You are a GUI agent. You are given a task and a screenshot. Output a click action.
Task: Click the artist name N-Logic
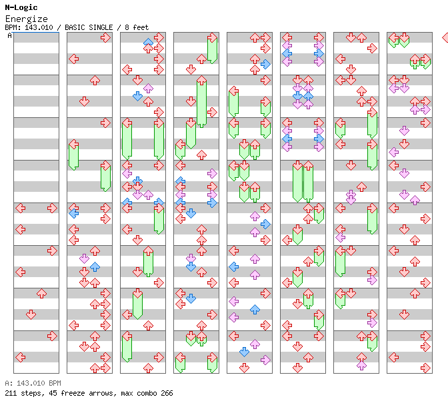click(x=21, y=7)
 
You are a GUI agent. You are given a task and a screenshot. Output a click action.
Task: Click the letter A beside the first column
click(x=9, y=35)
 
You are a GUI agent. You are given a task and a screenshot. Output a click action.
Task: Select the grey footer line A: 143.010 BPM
click(x=33, y=383)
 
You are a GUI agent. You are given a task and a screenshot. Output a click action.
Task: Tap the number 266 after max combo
click(x=165, y=393)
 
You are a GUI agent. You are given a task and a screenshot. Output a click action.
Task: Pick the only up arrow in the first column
click(x=41, y=293)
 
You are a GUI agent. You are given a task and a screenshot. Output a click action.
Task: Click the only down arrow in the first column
click(x=31, y=314)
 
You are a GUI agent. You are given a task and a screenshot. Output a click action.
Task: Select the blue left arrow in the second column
click(x=73, y=213)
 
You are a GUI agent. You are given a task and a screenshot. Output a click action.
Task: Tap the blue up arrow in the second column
click(x=95, y=266)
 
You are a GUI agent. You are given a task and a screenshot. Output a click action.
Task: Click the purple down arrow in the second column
click(x=84, y=258)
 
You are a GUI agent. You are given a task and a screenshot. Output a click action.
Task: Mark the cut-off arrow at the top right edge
click(x=445, y=37)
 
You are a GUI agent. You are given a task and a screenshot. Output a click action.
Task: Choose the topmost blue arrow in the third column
click(x=148, y=43)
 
